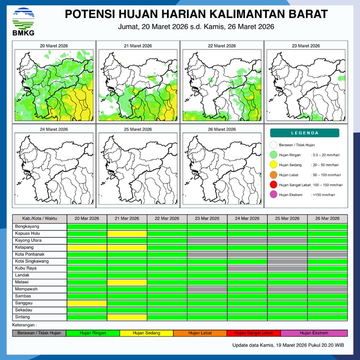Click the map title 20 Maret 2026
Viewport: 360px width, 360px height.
pos(53,46)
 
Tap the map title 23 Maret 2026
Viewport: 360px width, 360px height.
pos(305,46)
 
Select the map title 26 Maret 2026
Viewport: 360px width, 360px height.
pos(221,129)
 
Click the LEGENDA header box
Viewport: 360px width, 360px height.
pos(304,133)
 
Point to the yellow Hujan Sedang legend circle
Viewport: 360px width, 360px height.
pos(273,164)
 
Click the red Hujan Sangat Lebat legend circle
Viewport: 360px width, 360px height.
pos(273,185)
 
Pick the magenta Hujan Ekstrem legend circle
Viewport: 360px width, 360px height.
pos(273,195)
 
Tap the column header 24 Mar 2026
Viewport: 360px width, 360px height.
pos(247,218)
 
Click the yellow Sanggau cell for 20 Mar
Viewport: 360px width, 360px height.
pos(87,303)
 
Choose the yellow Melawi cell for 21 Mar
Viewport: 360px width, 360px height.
pos(127,282)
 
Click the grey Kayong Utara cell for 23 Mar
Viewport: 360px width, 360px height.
pos(207,240)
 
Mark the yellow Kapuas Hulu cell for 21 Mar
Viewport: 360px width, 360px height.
pos(127,233)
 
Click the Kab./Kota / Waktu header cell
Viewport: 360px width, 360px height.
pos(39,218)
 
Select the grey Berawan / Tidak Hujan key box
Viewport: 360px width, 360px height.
pos(39,333)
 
